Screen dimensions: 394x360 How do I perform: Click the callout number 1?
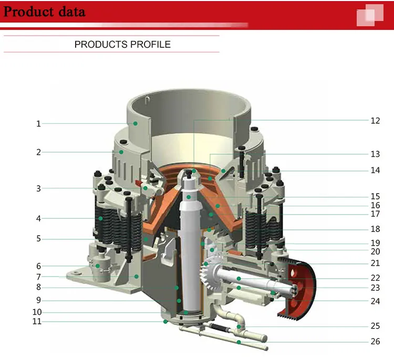(38, 123)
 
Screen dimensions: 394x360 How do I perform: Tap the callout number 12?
(375, 121)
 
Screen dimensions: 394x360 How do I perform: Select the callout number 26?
(375, 341)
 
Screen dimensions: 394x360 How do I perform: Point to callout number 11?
(37, 321)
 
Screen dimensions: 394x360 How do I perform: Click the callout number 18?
(375, 229)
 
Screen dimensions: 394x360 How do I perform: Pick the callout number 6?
(38, 266)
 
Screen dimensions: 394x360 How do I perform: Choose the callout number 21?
(375, 263)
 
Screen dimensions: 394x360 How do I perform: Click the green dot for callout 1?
(135, 123)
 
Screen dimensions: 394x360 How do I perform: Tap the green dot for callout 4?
(100, 218)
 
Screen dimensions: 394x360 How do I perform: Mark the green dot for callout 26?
(239, 342)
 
